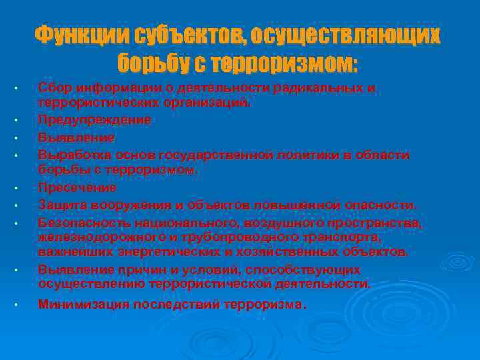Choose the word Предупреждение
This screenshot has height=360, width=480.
pos(94,120)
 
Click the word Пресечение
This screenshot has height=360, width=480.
pos(77,187)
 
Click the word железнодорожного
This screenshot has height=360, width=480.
pos(97,237)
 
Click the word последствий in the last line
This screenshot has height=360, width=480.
pos(176,305)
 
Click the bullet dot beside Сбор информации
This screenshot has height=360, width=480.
pos(23,89)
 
